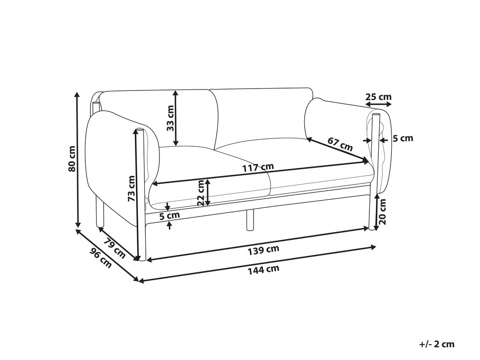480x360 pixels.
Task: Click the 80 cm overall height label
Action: [x=72, y=159]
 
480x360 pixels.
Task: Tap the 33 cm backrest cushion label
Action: [x=170, y=118]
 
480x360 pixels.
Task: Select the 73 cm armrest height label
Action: [x=131, y=188]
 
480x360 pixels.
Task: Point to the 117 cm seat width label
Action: [x=258, y=167]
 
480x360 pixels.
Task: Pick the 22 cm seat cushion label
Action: [x=201, y=193]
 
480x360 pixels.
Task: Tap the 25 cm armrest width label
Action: [x=378, y=97]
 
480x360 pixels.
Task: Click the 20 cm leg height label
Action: [x=382, y=211]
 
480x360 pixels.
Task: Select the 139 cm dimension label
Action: [x=263, y=250]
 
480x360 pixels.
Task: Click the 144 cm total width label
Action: [x=263, y=270]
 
